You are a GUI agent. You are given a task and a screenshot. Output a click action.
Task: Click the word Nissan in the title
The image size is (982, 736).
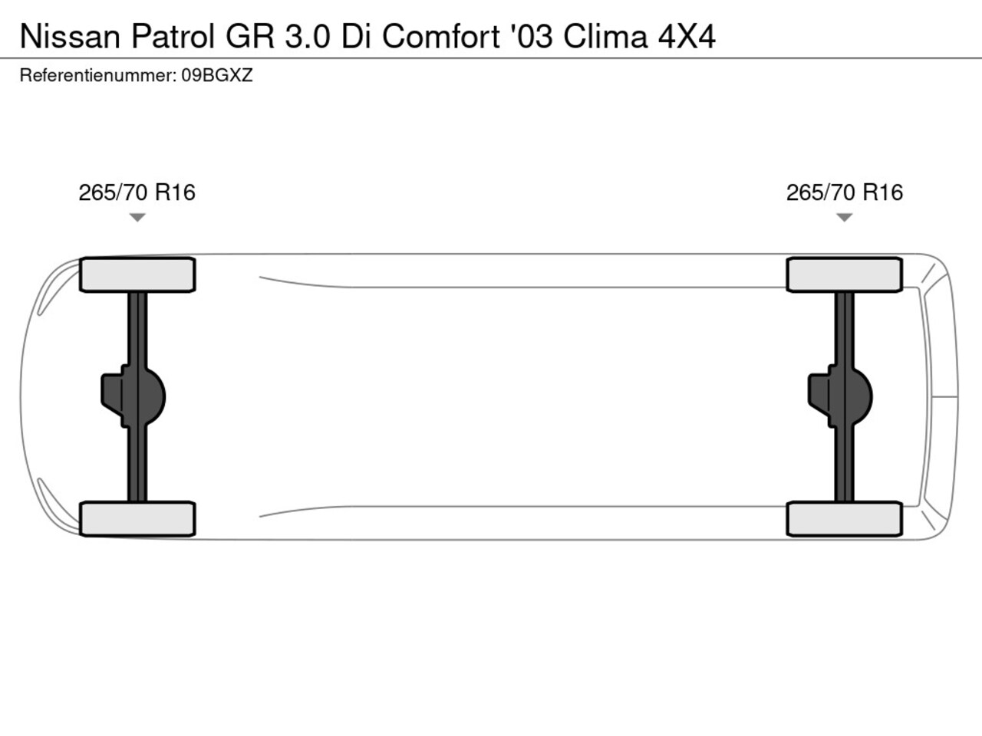coord(71,36)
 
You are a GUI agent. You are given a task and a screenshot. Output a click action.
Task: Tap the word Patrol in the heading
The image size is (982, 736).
coord(173,36)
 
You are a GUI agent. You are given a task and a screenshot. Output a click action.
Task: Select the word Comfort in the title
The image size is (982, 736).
coord(441,36)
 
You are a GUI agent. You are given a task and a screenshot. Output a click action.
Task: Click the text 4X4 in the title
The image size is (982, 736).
coord(687,36)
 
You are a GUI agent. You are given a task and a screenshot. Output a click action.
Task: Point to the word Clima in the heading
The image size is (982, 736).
coord(605,36)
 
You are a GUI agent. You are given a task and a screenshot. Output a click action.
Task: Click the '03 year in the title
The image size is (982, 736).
coord(532,36)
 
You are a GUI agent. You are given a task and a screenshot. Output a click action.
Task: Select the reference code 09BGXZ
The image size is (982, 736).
coord(217,76)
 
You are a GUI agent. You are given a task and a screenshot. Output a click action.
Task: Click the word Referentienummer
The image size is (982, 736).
coord(98,76)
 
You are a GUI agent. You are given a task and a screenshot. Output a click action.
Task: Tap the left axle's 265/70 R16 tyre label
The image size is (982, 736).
coord(137,192)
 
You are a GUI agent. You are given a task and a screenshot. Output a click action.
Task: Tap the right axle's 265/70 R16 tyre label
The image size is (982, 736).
coord(845,192)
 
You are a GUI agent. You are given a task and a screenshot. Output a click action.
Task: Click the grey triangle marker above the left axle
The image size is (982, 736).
coord(137,217)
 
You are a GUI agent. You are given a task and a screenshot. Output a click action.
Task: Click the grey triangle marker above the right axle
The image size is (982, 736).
coord(844,217)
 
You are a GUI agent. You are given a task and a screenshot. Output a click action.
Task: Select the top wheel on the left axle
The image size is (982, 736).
coord(137,274)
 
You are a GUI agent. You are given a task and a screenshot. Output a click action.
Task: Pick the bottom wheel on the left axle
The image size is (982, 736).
coord(137,519)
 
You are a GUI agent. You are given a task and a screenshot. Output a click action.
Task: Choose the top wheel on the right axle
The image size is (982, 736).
coord(845,274)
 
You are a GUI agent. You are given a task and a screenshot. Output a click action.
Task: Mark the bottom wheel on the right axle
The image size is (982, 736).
coord(845,519)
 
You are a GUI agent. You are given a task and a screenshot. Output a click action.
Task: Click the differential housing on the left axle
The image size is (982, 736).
coord(133,396)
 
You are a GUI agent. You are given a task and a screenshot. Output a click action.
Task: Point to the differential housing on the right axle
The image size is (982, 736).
coord(840,396)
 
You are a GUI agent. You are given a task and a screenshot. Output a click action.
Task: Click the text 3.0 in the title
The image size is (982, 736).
coord(308,36)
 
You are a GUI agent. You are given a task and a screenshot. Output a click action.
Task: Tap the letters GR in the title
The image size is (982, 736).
coord(250,36)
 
